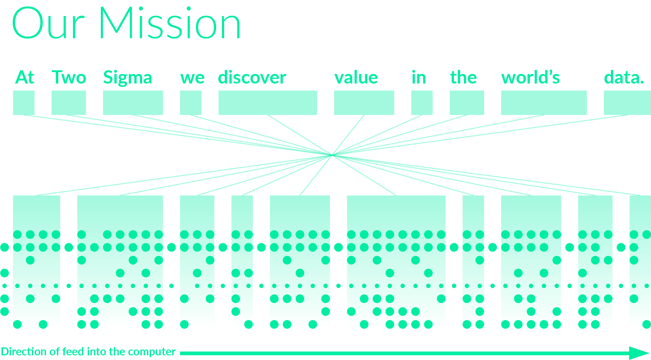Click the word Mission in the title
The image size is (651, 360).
[x=170, y=23]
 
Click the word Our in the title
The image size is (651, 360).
[x=48, y=23]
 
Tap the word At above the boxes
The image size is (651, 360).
[x=25, y=77]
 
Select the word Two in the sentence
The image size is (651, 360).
[x=69, y=77]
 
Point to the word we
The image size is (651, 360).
[x=192, y=78]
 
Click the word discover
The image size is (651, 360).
[x=252, y=77]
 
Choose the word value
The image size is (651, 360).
[x=356, y=77]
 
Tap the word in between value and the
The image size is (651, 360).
[x=419, y=77]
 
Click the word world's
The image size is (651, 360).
[x=530, y=77]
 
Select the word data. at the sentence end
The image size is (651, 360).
[x=624, y=77]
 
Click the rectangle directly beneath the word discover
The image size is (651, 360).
[x=268, y=103]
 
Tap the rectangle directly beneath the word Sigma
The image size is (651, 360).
[x=133, y=103]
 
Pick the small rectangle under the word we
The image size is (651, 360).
[x=191, y=103]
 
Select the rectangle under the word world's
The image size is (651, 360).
[x=544, y=103]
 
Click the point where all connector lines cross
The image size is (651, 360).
[x=332, y=155]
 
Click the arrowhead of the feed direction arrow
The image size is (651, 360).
[x=640, y=353]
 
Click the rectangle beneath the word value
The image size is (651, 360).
[x=364, y=103]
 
